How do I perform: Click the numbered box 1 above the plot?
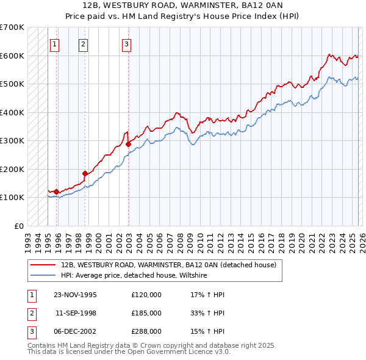coord(55,43)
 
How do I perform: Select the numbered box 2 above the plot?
coord(83,43)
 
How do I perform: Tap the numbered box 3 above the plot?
coord(126,43)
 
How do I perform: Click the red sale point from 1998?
coord(85,173)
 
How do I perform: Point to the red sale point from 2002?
coord(128,145)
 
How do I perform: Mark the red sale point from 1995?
coord(56,192)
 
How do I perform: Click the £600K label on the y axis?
coord(12,56)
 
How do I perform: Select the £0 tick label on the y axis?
coord(18,226)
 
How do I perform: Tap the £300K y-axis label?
coord(12,140)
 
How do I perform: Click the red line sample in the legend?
coord(43,265)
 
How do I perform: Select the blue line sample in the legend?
coord(43,276)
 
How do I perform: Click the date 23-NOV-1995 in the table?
coord(75,295)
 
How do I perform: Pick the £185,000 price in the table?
coord(146,313)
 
